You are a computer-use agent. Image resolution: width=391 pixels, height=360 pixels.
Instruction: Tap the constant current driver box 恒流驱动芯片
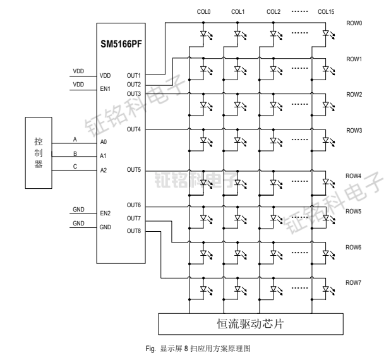click(251, 325)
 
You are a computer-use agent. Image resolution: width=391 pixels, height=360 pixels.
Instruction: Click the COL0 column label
click(204, 11)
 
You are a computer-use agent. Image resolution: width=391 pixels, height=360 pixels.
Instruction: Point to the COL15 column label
click(327, 11)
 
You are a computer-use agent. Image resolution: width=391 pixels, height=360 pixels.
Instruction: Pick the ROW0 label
click(354, 23)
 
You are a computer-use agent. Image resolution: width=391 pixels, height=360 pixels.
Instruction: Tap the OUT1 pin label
click(133, 75)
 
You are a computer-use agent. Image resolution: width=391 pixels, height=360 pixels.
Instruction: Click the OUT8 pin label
click(133, 231)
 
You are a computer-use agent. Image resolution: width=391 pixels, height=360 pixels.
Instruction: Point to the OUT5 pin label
click(133, 171)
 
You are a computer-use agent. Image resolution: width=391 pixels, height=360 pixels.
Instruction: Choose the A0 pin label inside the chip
click(104, 143)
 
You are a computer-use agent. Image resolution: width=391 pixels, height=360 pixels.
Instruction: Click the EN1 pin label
click(105, 90)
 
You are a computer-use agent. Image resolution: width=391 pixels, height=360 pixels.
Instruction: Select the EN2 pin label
click(105, 214)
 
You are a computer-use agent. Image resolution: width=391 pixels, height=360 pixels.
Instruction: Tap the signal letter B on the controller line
click(75, 153)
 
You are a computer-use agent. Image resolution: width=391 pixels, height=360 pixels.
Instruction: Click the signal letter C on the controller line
click(75, 167)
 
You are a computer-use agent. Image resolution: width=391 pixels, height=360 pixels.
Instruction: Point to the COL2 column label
click(274, 11)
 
